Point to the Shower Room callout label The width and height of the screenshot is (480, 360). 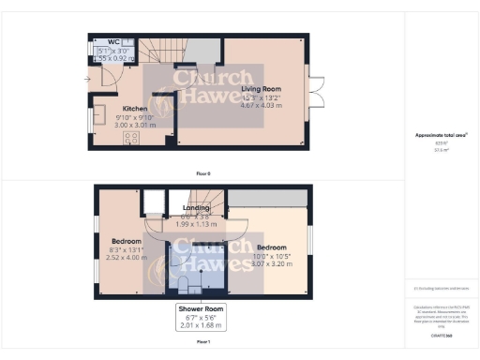click(x=202, y=309)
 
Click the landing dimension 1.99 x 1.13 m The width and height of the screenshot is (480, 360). click(x=197, y=225)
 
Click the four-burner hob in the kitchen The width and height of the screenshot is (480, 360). click(x=131, y=136)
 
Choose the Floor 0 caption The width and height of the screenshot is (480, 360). click(x=202, y=172)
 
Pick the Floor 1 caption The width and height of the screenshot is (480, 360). click(x=202, y=342)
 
